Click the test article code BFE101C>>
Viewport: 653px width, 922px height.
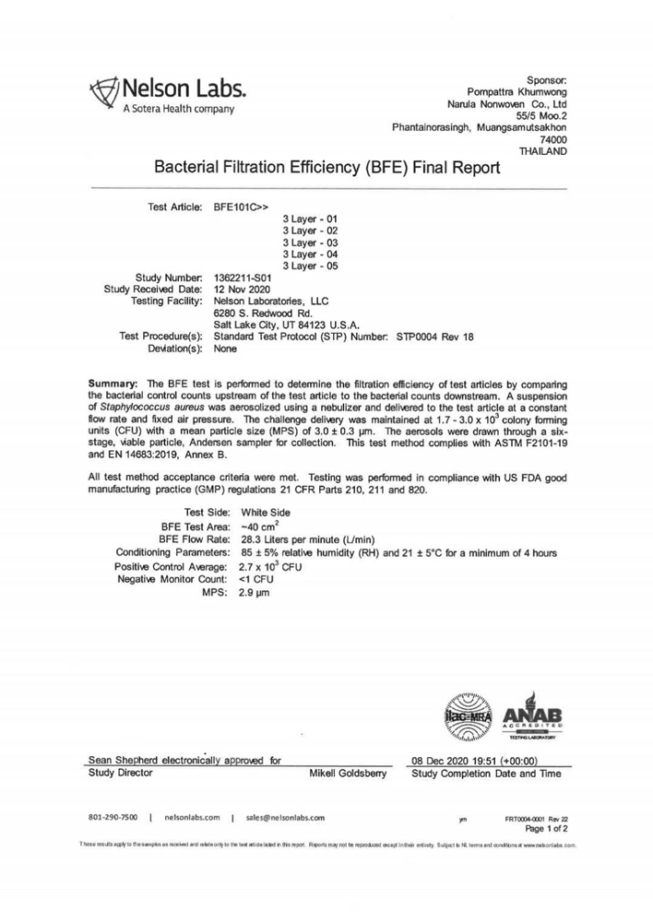pos(242,207)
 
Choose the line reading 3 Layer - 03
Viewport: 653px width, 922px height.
pos(310,242)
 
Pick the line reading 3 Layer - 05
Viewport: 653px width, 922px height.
pos(310,266)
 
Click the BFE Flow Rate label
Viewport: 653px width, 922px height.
pos(194,538)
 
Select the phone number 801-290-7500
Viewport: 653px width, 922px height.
pos(113,817)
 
